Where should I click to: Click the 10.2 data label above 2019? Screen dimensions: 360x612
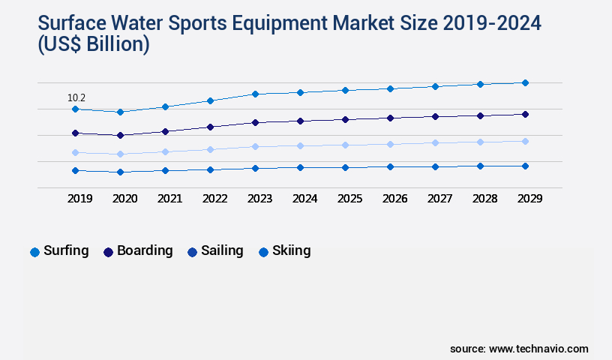[76, 97]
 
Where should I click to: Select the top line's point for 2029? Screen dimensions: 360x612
[525, 82]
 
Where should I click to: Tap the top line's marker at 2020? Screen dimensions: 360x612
[120, 112]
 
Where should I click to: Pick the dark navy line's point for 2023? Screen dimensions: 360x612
[255, 122]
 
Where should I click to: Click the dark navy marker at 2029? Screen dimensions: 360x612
[525, 114]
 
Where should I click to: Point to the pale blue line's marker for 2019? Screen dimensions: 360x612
[75, 152]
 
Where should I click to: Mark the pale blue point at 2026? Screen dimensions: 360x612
[390, 144]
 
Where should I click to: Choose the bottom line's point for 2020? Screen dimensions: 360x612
[120, 172]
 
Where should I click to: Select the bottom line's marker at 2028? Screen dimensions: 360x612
[480, 166]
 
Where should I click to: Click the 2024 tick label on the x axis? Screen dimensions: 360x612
[304, 199]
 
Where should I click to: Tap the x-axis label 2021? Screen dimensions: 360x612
[169, 199]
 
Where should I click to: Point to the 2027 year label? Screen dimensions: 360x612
[439, 199]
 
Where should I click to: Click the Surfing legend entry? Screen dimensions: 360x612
[59, 251]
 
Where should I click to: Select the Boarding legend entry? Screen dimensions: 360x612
[138, 251]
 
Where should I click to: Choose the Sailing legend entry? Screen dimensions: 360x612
[215, 251]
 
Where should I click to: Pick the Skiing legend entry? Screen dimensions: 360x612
[284, 251]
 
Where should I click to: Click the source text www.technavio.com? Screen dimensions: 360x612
[538, 349]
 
